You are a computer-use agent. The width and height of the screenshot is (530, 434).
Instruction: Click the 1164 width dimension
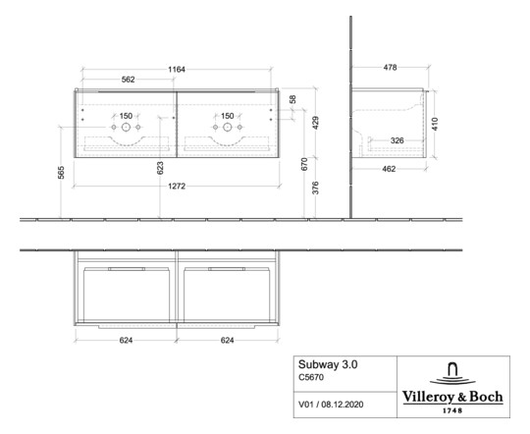tap(176, 69)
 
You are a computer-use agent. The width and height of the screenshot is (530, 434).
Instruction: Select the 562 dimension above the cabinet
tap(128, 80)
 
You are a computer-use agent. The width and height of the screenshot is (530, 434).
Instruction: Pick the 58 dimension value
tap(292, 100)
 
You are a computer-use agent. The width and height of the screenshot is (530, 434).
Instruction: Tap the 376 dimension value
tap(315, 189)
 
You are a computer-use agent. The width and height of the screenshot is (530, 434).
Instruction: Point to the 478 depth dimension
tap(389, 67)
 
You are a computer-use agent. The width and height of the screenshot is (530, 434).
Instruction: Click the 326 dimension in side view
tap(397, 140)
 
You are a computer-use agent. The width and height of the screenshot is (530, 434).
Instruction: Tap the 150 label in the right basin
tap(227, 115)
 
